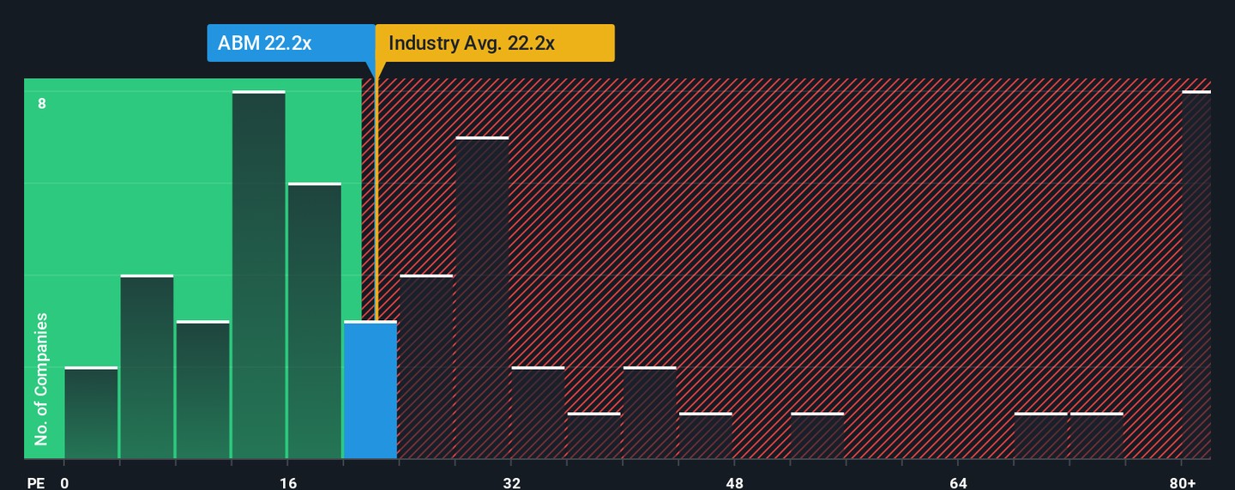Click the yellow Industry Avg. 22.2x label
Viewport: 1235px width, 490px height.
coord(495,43)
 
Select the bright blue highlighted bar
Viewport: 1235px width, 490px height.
coord(370,390)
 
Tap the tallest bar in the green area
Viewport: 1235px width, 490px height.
coord(258,275)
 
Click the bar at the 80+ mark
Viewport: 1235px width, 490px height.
coord(1196,275)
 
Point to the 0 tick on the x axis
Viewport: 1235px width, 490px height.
coord(64,483)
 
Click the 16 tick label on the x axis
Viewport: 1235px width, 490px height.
coord(288,483)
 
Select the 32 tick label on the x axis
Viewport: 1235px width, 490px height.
coord(511,483)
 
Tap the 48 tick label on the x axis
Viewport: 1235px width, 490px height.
coord(734,483)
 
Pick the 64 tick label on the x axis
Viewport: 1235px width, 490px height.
coord(958,483)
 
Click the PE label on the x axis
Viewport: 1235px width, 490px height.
coord(35,483)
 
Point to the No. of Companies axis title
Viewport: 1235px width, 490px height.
coord(40,379)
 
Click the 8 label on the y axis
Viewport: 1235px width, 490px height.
coord(41,104)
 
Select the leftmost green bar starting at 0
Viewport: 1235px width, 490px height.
coord(91,413)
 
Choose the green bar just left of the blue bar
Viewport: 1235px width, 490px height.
coord(314,321)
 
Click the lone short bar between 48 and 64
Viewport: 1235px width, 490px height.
coord(817,436)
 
